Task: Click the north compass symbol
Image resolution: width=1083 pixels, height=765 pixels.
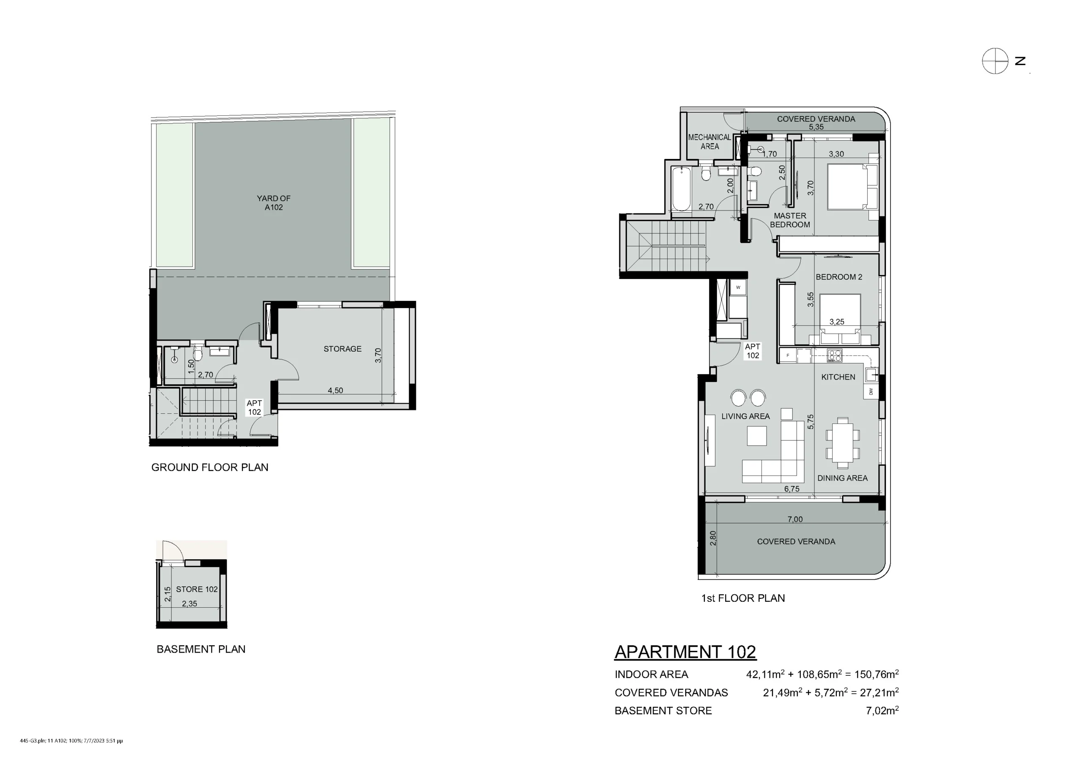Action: click(995, 61)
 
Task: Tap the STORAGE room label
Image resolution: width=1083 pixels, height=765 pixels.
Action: click(342, 349)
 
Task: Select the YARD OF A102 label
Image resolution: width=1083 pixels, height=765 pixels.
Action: click(274, 203)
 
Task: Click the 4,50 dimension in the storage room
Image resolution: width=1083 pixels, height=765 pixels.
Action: click(335, 390)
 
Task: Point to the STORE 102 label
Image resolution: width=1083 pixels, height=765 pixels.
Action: click(197, 589)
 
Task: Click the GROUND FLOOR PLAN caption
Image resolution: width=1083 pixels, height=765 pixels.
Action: click(210, 467)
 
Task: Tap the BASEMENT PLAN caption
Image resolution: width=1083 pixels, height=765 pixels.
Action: click(201, 649)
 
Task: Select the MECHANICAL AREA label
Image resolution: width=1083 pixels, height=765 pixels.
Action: click(709, 142)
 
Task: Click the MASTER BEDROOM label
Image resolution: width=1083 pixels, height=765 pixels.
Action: click(790, 220)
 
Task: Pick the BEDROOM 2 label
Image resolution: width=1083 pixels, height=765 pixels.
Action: click(839, 277)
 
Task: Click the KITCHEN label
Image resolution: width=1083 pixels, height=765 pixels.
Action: click(838, 377)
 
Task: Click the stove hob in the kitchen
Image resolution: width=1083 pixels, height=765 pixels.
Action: click(834, 355)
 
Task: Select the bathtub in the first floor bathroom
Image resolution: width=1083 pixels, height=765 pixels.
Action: click(681, 189)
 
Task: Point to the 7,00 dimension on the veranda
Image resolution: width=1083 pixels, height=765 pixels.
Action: click(795, 519)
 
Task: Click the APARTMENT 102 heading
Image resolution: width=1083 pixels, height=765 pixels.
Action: click(685, 652)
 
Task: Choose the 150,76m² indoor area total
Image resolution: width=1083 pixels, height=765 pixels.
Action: click(877, 674)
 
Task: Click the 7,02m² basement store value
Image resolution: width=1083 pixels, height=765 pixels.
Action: click(882, 710)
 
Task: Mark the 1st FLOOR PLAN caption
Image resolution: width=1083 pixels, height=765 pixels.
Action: click(743, 598)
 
